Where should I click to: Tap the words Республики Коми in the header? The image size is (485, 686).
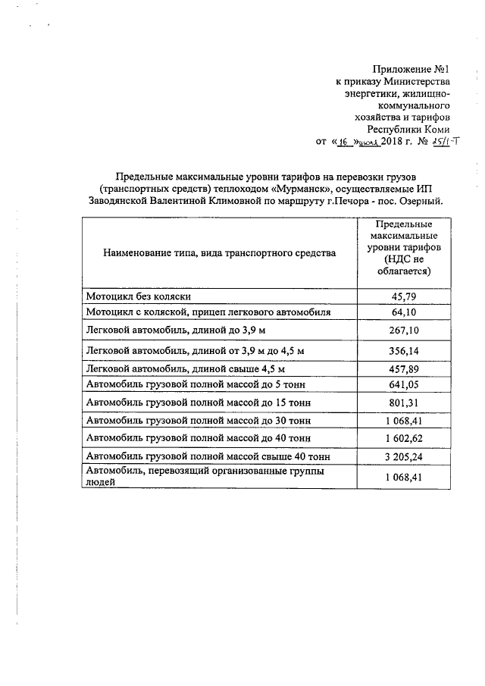click(x=414, y=129)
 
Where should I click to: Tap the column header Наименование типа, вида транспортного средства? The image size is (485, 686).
click(x=219, y=253)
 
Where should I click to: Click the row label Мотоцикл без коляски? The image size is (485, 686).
click(x=138, y=297)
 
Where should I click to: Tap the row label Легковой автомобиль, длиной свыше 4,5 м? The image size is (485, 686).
click(x=186, y=369)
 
